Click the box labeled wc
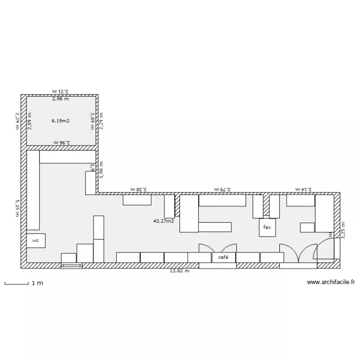click(x=36, y=240)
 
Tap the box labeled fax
click(x=267, y=228)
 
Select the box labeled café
click(x=223, y=258)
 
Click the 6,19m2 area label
click(x=61, y=121)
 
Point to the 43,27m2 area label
click(x=163, y=221)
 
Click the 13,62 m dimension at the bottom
click(x=180, y=271)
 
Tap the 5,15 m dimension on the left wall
click(x=17, y=208)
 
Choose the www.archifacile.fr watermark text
click(x=331, y=283)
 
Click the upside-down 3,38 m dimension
click(x=138, y=190)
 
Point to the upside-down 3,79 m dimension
click(x=223, y=190)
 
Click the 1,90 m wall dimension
click(x=101, y=169)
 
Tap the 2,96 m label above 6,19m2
click(x=60, y=99)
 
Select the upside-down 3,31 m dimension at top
click(x=60, y=91)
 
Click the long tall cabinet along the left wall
click(x=33, y=190)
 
